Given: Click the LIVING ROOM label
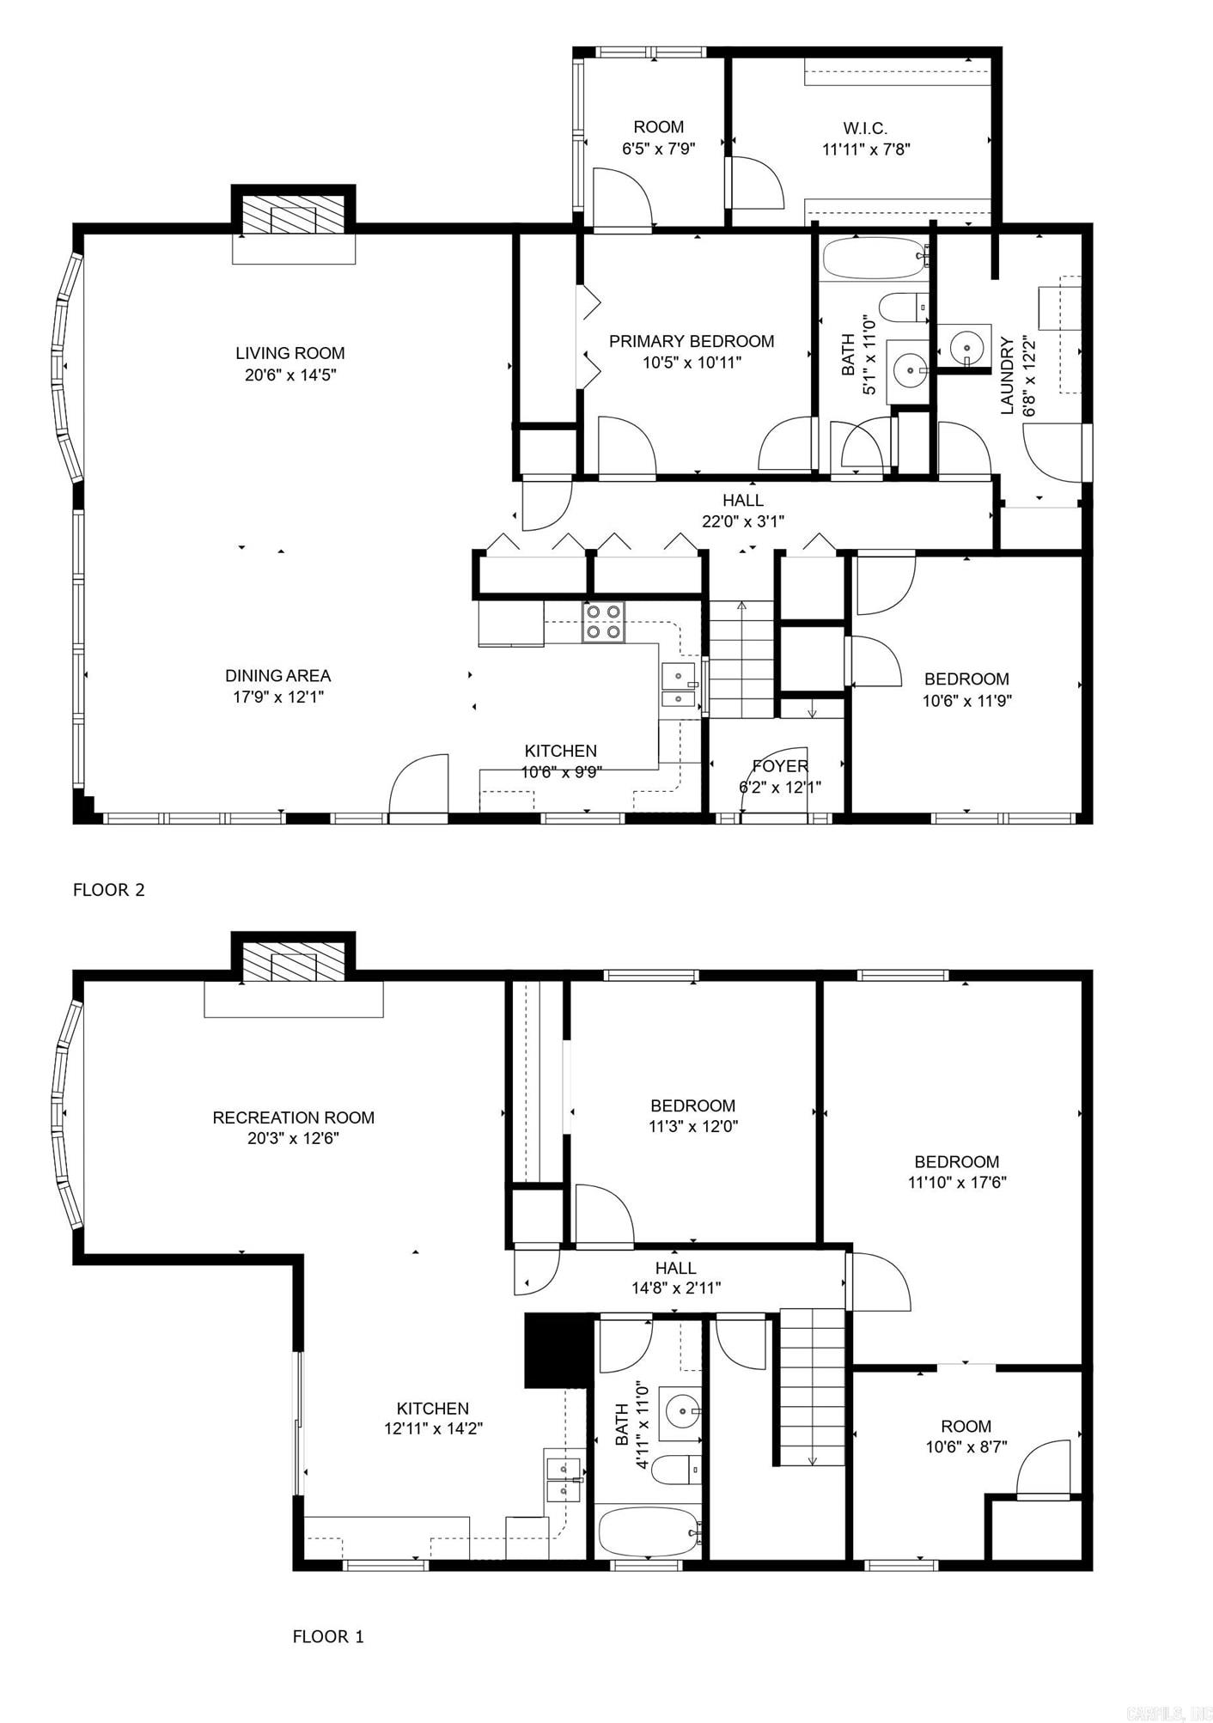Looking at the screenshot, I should pos(290,353).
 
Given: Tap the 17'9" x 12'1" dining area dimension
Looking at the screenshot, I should pos(277,697).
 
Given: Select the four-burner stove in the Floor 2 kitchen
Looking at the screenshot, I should pos(603,622).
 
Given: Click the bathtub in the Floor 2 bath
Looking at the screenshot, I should pos(873,258).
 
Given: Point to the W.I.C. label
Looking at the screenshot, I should pos(865,128).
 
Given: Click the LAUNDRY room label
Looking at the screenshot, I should pos(1008,375).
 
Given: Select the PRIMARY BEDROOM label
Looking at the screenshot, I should pos(692,341).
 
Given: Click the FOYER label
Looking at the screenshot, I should pos(780,766).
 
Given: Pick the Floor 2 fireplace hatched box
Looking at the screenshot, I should pos(294,215).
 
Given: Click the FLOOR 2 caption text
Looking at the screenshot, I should pos(109,890).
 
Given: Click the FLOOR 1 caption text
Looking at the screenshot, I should pos(328,1636).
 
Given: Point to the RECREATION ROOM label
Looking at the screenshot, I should pos(293,1117).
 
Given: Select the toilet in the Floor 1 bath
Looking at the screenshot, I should pos(677,1469).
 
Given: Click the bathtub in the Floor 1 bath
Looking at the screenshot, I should pos(649,1531).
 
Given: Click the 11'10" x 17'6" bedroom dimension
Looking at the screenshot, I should pos(957,1182).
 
